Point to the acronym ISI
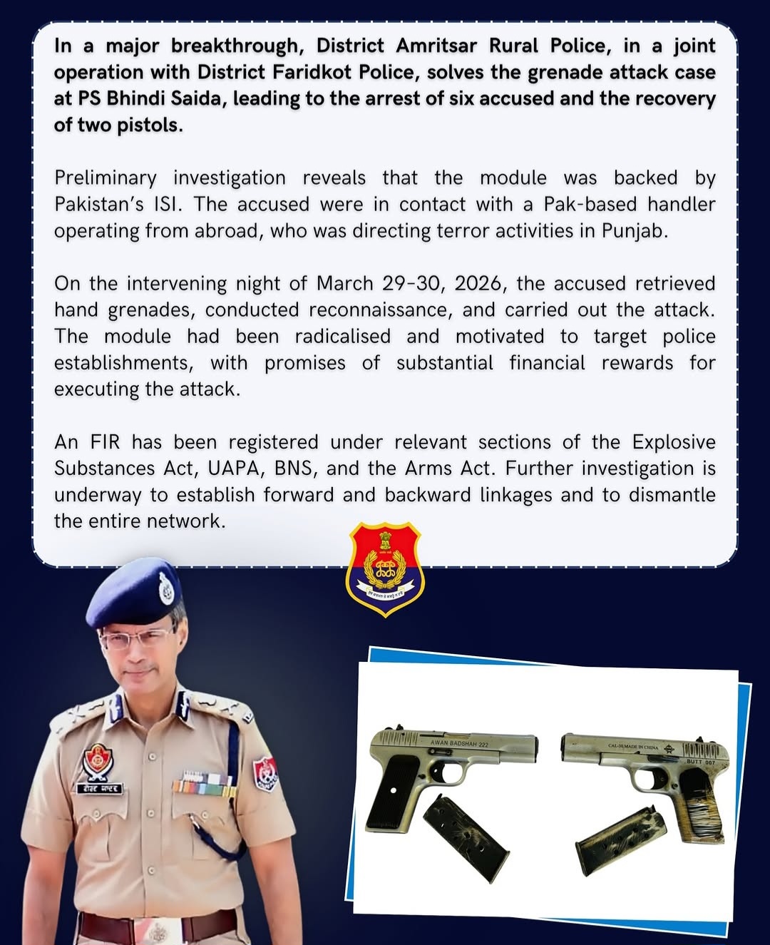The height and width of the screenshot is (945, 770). [168, 204]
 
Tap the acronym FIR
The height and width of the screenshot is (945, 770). [106, 441]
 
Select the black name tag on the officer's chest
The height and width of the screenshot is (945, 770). [100, 789]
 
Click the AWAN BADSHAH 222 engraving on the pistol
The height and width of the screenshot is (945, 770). [459, 744]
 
